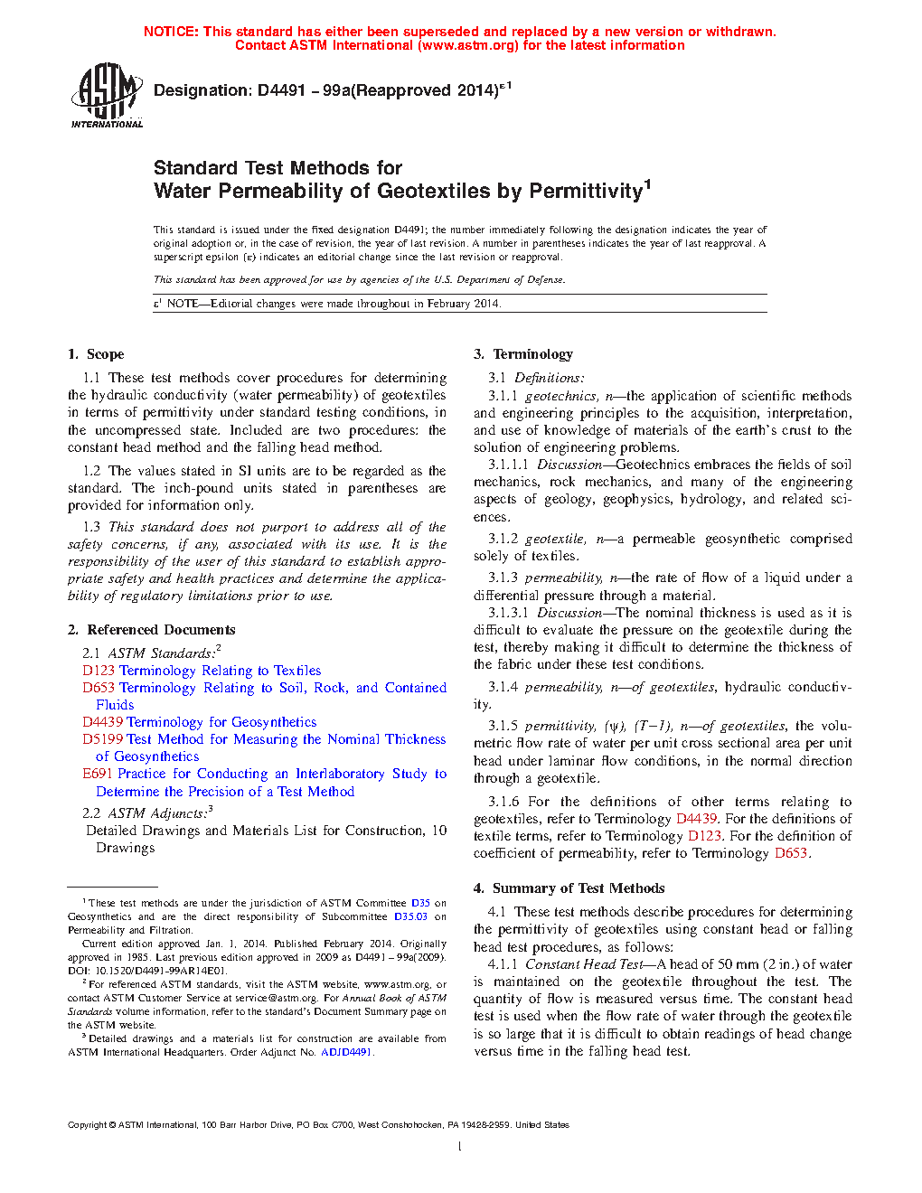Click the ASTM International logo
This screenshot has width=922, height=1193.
coord(107,95)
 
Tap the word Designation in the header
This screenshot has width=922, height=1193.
coord(202,90)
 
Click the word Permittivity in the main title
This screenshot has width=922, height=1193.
coord(585,192)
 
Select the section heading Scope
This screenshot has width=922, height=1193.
coord(105,354)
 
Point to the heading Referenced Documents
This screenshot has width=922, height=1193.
coord(161,630)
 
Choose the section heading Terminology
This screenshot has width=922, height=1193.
coord(532,354)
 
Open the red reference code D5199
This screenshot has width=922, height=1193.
coord(102,739)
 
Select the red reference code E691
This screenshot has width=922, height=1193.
coord(98,774)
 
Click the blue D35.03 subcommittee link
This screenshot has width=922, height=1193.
coord(410,916)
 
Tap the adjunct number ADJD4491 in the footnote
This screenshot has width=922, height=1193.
coord(345,1052)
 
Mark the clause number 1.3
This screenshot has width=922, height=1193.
coord(91,527)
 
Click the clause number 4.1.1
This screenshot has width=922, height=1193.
coord(503,964)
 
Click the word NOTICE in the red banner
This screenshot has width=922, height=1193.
coord(171,32)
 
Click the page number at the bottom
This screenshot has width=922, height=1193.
coord(460,1147)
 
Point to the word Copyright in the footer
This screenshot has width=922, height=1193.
coord(87,1125)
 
